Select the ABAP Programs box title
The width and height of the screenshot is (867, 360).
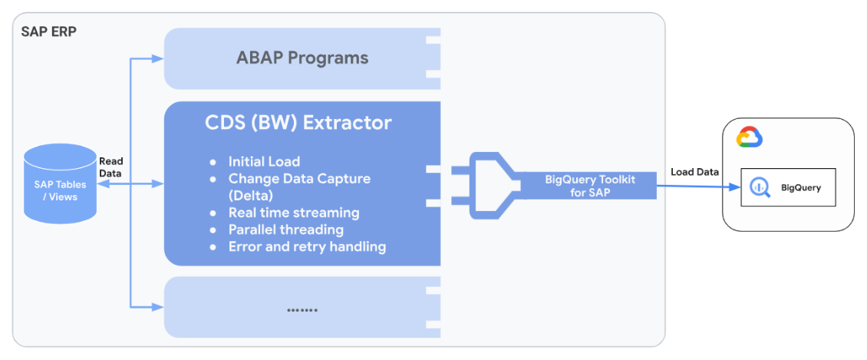[302, 58]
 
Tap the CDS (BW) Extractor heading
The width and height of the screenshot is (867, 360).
[298, 123]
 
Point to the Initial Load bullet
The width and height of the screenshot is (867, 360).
[264, 162]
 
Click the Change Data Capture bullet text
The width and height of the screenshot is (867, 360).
[299, 179]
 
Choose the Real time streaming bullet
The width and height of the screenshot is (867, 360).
[294, 213]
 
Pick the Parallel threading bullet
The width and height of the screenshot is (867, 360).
[285, 230]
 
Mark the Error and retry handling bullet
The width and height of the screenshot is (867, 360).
[307, 246]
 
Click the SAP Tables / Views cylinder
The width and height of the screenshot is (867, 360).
[60, 183]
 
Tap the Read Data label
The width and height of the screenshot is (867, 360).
[110, 167]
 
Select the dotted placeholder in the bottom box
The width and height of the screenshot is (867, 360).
[302, 309]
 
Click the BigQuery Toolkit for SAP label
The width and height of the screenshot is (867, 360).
[590, 185]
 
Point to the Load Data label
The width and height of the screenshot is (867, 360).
[694, 172]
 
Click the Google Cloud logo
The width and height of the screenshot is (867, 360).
[749, 138]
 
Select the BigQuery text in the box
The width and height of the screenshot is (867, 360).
[800, 188]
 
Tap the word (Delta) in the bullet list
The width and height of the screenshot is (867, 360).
[250, 195]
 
